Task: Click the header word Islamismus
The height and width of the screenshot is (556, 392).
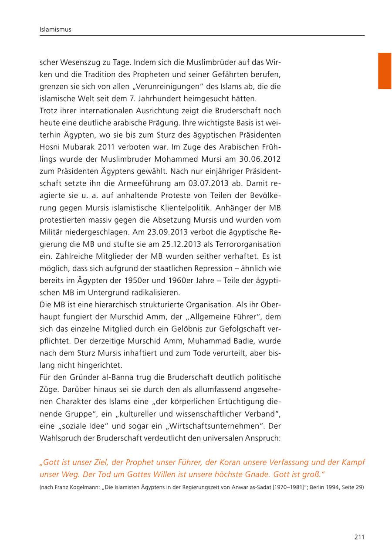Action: coord(55,30)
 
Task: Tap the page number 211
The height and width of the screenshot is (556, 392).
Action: coord(359,537)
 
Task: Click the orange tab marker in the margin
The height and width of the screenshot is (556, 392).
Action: coord(384,71)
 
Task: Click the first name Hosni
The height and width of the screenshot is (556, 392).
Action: coord(51,147)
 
